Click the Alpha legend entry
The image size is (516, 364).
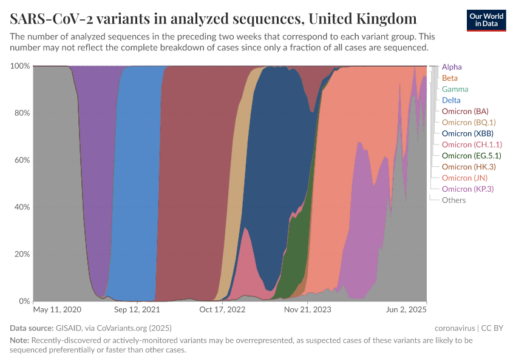tap(452, 67)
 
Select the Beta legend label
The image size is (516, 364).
tap(450, 78)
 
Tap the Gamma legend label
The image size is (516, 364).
tap(455, 89)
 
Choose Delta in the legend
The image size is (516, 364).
tap(451, 100)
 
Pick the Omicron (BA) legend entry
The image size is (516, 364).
tap(465, 111)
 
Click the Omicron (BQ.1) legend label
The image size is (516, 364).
tap(469, 123)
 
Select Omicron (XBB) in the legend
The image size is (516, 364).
tap(467, 133)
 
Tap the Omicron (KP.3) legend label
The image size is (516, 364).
tap(467, 189)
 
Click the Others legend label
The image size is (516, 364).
tap(453, 200)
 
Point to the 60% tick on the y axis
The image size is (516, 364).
tap(22, 160)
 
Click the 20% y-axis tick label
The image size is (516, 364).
tap(22, 254)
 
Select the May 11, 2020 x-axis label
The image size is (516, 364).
tap(57, 309)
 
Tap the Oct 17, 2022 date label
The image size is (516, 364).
tap(222, 309)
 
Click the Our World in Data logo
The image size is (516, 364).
tap(487, 20)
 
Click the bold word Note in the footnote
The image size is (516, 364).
tap(19, 340)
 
